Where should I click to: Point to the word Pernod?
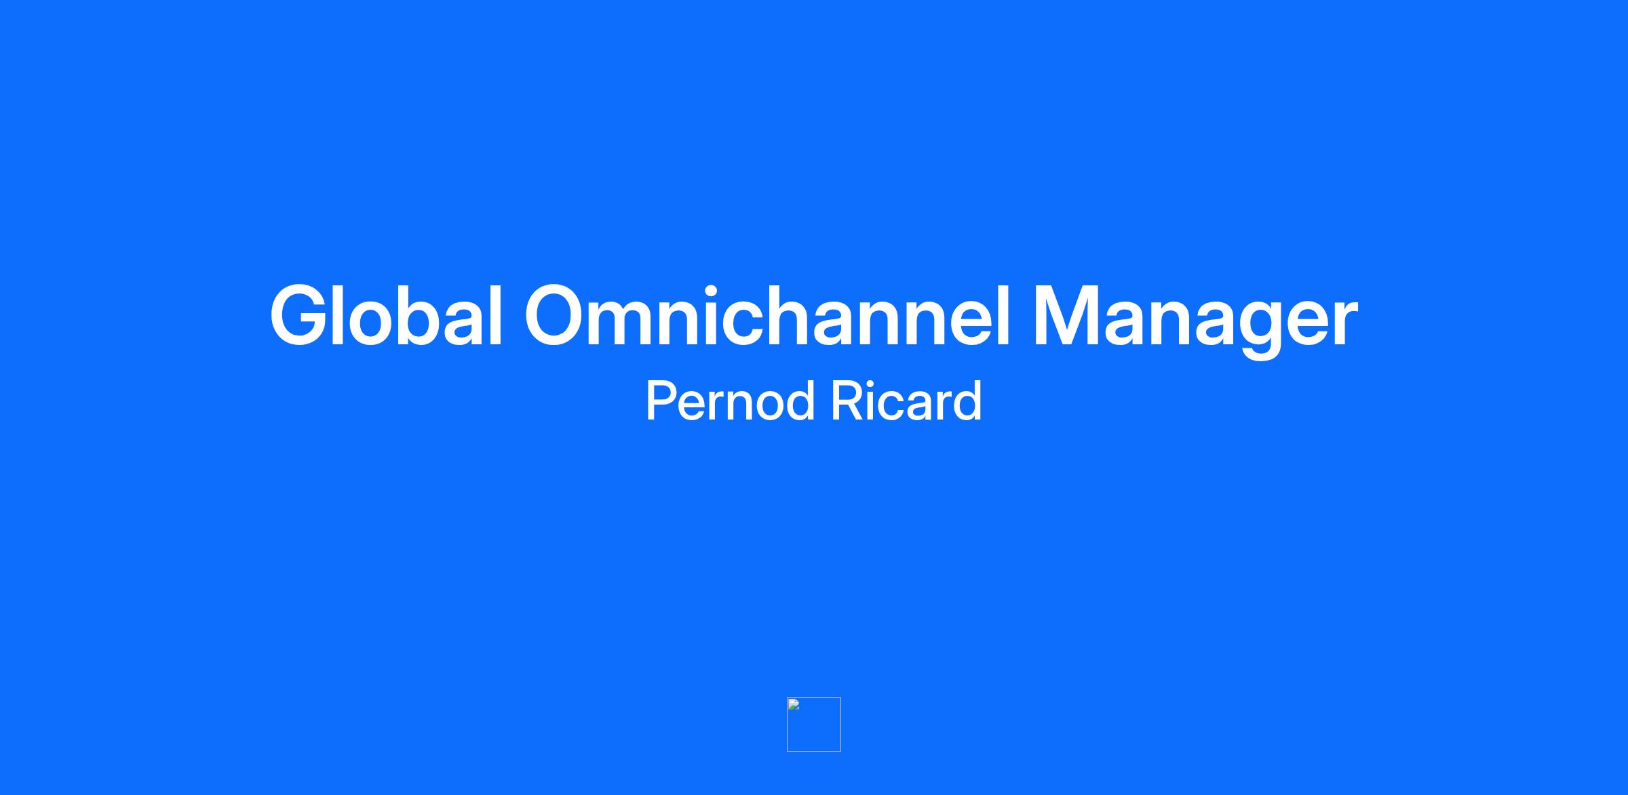point(730,401)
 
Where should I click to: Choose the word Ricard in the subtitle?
point(906,401)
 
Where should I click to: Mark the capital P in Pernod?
point(662,401)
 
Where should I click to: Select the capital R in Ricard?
point(847,401)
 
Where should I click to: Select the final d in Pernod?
point(798,401)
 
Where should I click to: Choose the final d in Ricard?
point(967,401)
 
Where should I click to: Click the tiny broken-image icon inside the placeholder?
point(794,704)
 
